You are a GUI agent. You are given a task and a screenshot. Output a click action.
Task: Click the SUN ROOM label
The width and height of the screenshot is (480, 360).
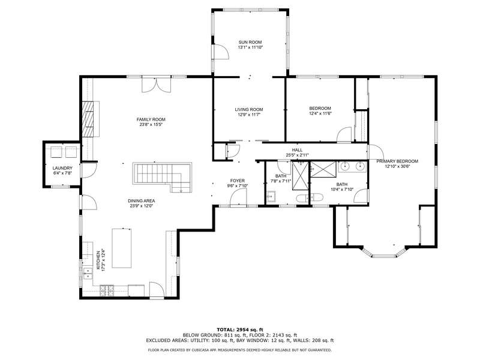250,42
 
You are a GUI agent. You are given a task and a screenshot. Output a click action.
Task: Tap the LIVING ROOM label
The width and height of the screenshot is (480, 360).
249,110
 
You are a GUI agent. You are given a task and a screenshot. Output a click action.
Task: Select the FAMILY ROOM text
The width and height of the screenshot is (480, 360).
151,119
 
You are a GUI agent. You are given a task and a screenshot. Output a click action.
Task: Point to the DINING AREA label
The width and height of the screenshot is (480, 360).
142,201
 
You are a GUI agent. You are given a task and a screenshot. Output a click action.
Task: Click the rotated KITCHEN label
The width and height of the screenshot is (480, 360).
98,260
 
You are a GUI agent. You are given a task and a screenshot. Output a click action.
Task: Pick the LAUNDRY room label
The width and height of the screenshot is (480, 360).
62,169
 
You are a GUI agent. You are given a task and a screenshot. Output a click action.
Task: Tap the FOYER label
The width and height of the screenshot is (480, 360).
238,181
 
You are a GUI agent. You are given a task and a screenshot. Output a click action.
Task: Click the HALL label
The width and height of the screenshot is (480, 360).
297,150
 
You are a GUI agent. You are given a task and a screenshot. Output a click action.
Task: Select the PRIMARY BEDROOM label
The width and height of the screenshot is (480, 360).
397,161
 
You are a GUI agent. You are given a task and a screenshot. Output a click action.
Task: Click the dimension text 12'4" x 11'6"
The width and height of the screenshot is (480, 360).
320,113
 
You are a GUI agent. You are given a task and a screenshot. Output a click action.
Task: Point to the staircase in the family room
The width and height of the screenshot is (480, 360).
162,177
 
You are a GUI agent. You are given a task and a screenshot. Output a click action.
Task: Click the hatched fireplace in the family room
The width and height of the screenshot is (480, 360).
88,119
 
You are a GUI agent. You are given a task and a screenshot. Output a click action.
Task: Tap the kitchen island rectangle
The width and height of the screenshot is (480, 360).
122,248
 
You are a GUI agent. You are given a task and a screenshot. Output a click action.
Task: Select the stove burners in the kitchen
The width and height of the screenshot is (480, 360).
107,290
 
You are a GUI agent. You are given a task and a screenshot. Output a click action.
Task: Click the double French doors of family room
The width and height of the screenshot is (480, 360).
157,85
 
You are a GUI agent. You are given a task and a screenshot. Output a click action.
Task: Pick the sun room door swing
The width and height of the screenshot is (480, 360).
221,51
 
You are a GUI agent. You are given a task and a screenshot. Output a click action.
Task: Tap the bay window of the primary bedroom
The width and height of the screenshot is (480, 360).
384,253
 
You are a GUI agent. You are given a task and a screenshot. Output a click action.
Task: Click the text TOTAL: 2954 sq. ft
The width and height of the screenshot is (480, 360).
240,329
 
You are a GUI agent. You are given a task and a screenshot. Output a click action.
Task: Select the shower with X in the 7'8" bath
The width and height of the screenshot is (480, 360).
300,176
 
